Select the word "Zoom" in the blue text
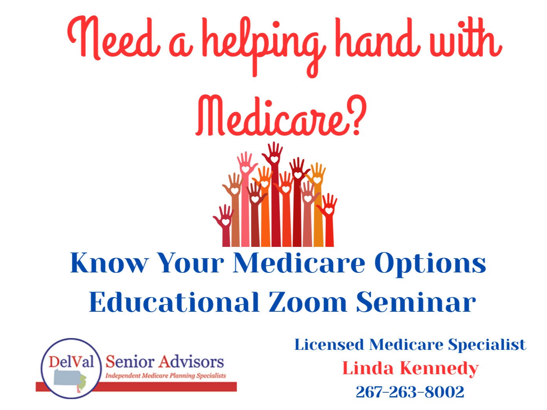point(307,302)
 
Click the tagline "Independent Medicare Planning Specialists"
point(166,376)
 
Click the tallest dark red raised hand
point(274,194)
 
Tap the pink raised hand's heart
point(245,169)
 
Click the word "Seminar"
point(416,302)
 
